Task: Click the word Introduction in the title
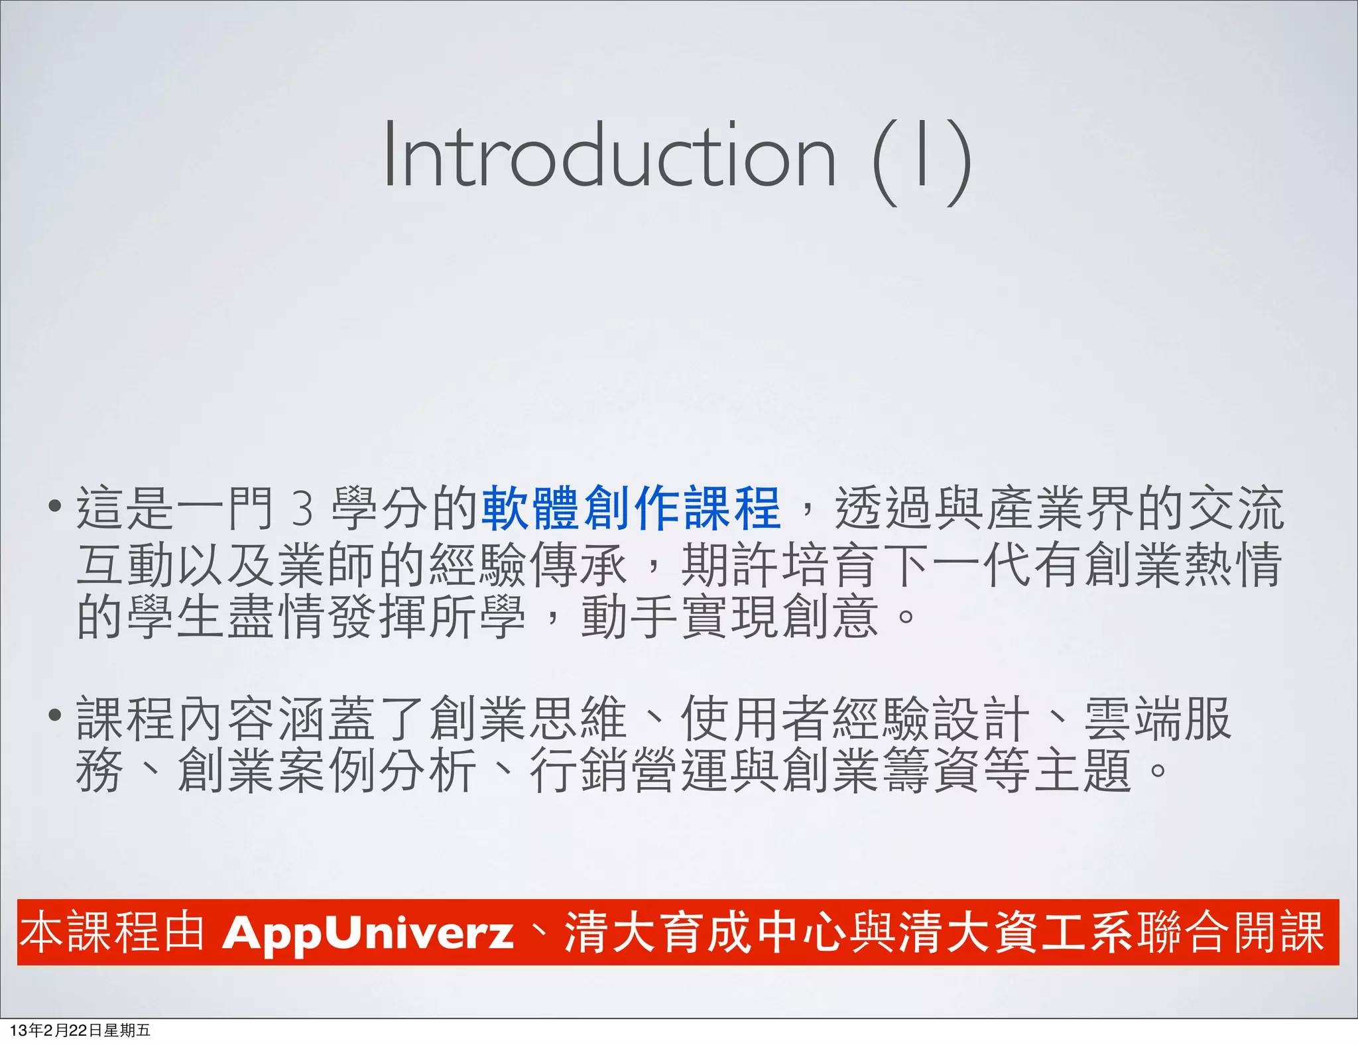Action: (609, 156)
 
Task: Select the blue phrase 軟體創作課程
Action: (631, 508)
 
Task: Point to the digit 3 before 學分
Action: (302, 509)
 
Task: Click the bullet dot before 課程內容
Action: (55, 717)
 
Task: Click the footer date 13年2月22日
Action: (56, 1030)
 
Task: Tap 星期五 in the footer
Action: (127, 1030)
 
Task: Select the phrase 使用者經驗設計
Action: (855, 719)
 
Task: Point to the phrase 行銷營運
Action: (630, 770)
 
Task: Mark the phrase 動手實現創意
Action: (729, 617)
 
